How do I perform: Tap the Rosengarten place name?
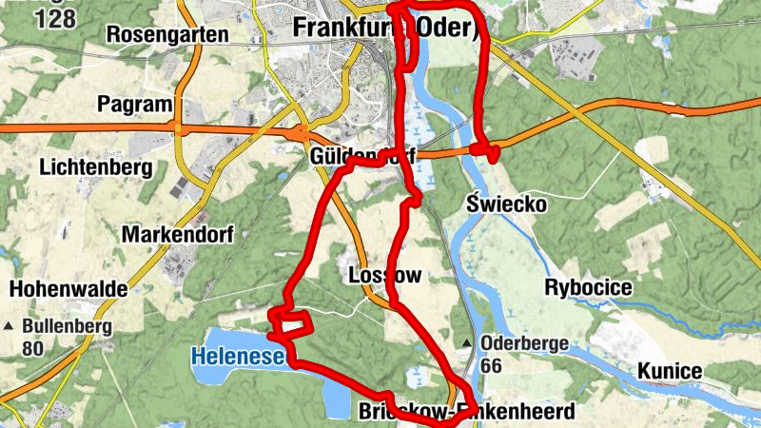[x=168, y=35]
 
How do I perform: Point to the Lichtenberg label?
[x=97, y=168]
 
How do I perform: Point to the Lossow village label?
[x=384, y=276]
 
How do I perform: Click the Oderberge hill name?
[x=524, y=344]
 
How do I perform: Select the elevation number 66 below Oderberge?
[x=492, y=365]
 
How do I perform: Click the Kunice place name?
[x=670, y=371]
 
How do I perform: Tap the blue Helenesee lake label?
[x=238, y=358]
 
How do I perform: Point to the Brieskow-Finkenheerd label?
[x=467, y=413]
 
